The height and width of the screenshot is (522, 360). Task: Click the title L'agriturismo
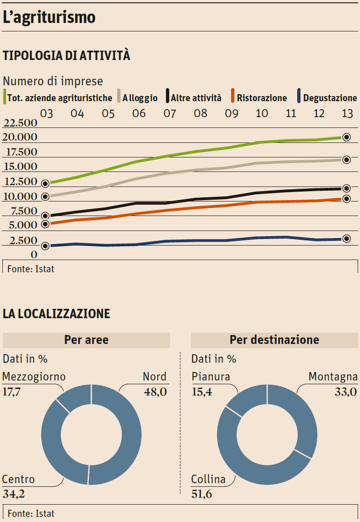tap(49, 17)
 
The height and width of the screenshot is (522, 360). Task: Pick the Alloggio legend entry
tap(140, 98)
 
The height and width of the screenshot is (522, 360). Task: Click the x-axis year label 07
tap(169, 113)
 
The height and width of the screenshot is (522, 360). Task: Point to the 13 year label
tap(347, 113)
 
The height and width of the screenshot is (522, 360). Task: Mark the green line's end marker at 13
tap(346, 137)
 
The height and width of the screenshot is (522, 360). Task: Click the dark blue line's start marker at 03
tap(45, 246)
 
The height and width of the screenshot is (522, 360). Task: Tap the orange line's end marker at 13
tap(346, 199)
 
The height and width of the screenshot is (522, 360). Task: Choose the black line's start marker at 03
tap(45, 216)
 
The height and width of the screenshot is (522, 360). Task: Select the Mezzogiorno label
tap(34, 377)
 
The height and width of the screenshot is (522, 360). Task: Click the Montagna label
tap(333, 377)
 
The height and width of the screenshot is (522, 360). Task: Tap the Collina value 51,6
tap(202, 493)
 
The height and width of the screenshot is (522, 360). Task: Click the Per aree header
tap(86, 340)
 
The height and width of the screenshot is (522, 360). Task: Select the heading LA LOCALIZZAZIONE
tap(56, 313)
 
